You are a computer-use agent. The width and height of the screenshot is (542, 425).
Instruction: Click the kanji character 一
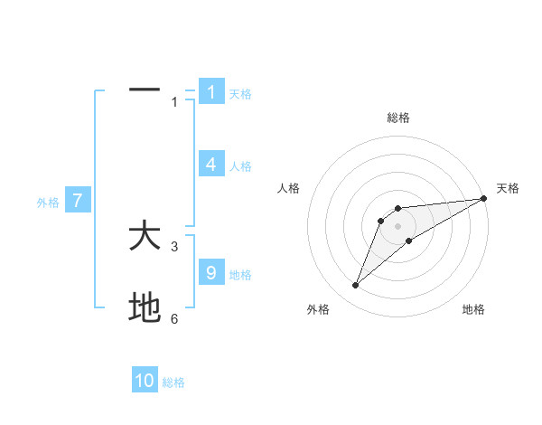[145, 90]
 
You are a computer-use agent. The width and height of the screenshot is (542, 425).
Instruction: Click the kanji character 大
[145, 237]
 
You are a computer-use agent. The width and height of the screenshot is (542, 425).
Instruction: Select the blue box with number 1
[211, 91]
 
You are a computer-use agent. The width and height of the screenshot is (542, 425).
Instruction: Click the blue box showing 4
[211, 165]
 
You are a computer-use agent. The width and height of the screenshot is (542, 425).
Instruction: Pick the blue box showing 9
[211, 273]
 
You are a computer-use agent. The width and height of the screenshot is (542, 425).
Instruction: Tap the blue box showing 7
[78, 201]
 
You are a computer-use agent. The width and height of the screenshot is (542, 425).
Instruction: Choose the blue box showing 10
[145, 381]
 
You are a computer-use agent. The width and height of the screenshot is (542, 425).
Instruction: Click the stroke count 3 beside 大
[174, 246]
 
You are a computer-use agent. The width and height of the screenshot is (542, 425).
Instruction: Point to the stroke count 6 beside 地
[174, 318]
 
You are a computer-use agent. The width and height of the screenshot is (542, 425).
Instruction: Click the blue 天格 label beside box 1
[240, 93]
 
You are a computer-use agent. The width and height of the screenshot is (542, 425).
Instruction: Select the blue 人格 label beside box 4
[240, 166]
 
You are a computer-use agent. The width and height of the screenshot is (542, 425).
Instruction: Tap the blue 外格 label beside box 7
[48, 203]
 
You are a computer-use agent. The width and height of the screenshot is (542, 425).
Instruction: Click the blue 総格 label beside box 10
[173, 382]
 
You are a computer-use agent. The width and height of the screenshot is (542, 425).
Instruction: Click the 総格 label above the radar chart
[398, 118]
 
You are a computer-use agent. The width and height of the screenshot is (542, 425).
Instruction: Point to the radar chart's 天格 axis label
[508, 188]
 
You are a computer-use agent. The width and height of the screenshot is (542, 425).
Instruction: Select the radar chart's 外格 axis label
[318, 309]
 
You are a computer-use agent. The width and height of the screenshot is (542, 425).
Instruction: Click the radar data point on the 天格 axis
[483, 198]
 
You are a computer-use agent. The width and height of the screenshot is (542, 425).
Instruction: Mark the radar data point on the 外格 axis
[356, 286]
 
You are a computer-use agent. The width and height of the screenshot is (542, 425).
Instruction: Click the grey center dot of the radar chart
[398, 226]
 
